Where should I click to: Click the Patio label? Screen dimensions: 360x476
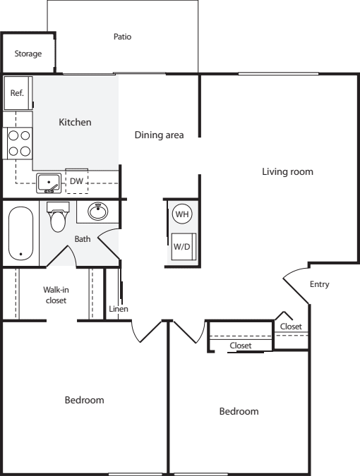click(122, 37)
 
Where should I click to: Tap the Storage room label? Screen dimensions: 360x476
click(28, 54)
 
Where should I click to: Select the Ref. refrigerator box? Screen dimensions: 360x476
click(18, 93)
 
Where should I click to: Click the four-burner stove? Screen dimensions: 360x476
click(18, 143)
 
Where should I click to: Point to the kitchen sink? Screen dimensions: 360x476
click(49, 183)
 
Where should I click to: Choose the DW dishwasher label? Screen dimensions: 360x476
click(76, 181)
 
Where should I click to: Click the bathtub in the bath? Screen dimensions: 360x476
click(20, 233)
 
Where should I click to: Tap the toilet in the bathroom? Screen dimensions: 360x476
click(58, 216)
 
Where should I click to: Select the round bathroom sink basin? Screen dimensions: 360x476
click(98, 211)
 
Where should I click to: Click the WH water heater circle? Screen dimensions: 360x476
click(182, 214)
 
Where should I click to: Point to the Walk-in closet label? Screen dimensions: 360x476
click(56, 295)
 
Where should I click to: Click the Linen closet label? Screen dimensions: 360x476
click(119, 309)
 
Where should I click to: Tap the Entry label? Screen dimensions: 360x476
click(320, 284)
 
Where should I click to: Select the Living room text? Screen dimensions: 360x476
click(288, 172)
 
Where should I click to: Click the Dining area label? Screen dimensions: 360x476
click(160, 135)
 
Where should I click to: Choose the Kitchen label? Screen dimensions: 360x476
click(75, 122)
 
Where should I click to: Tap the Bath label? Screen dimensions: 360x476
click(83, 239)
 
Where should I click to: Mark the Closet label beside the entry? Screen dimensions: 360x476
click(291, 327)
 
